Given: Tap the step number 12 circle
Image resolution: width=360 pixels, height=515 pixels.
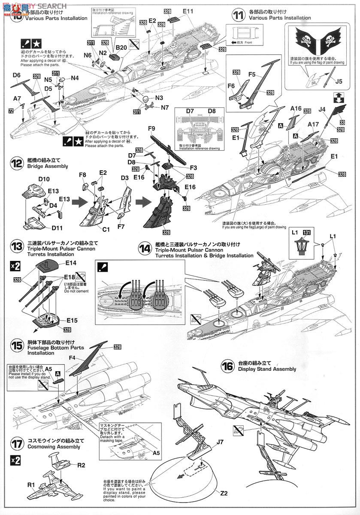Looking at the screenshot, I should (x=17, y=163).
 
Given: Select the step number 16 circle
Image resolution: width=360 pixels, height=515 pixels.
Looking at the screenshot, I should (x=227, y=366).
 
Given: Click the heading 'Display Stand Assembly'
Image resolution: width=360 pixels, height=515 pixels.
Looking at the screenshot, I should (x=267, y=369).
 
